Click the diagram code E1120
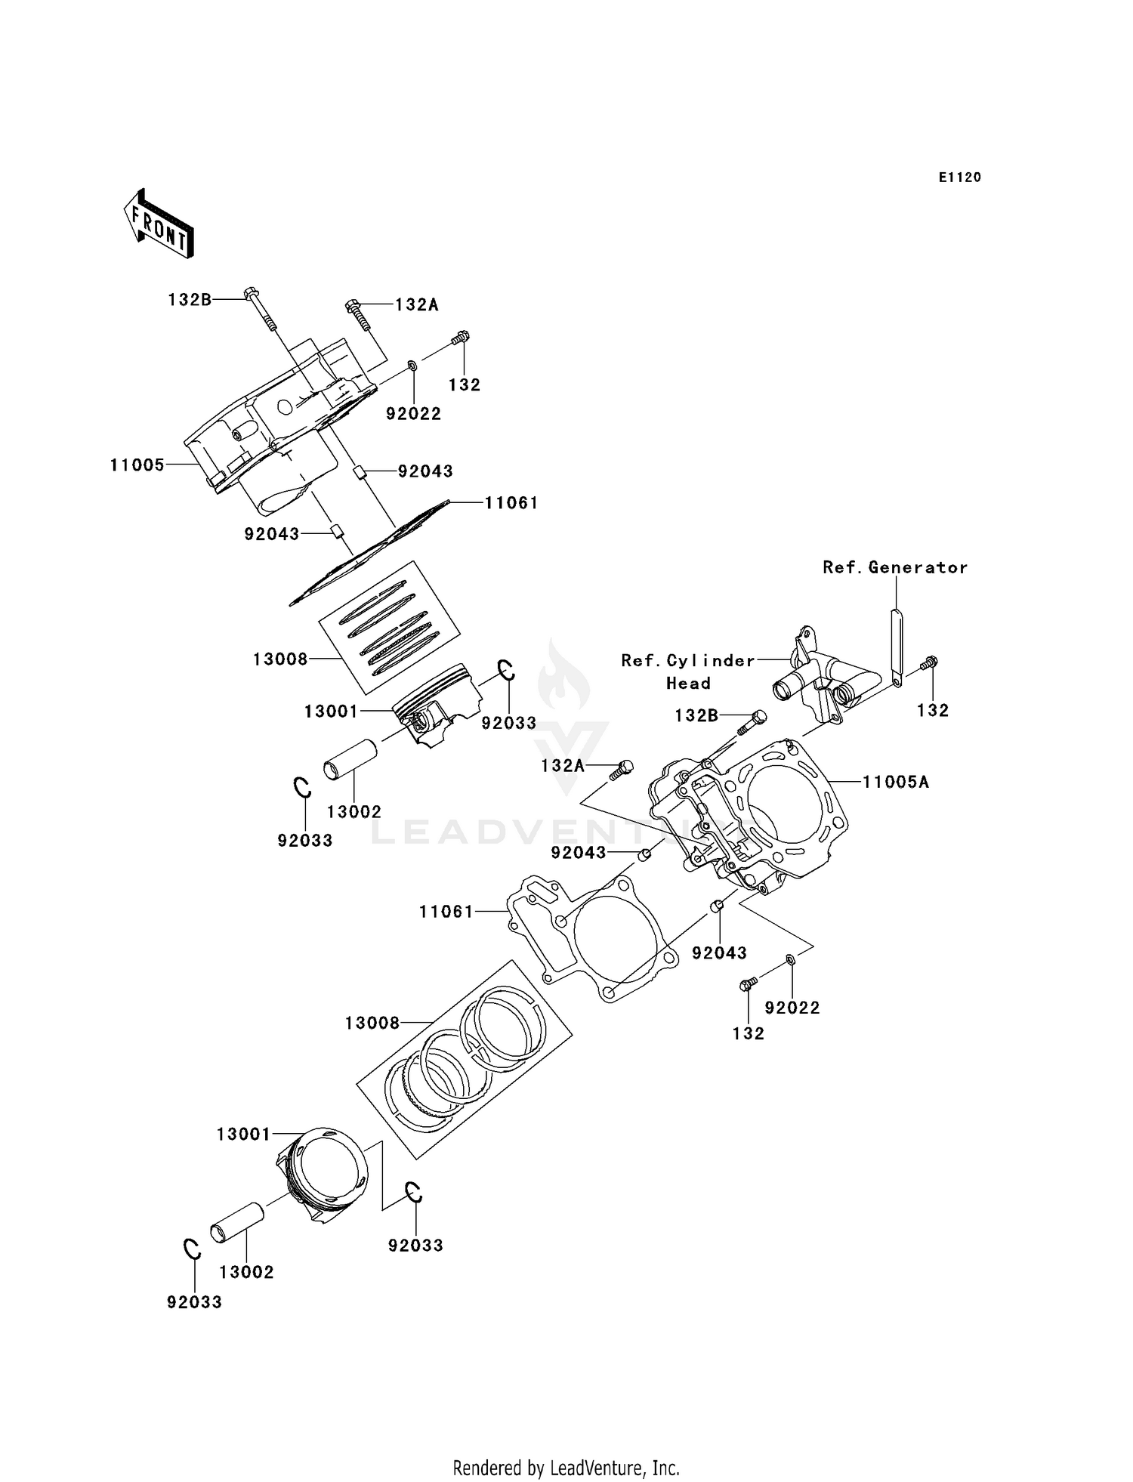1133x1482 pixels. [959, 178]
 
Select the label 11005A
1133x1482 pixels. [896, 783]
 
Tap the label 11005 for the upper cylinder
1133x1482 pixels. [137, 465]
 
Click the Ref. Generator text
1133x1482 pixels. [895, 567]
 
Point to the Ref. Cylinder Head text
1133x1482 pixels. [687, 672]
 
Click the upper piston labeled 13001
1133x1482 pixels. [438, 702]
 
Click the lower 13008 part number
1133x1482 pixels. [372, 1023]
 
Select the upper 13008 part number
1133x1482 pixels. [280, 659]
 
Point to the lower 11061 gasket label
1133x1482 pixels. [446, 912]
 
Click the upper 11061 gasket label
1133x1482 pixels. [511, 503]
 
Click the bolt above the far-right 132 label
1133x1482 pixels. [930, 662]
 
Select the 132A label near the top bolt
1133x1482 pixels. [417, 305]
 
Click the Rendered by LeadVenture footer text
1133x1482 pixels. [566, 1468]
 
